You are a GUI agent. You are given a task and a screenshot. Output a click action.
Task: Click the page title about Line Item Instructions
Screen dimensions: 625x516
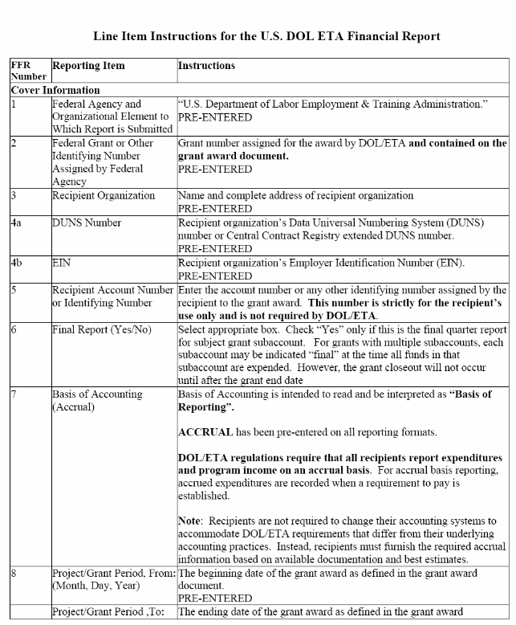point(266,37)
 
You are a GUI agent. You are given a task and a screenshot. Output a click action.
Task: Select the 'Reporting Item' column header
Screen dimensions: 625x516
point(88,65)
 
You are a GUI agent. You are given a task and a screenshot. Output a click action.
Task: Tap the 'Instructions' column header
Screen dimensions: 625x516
point(206,65)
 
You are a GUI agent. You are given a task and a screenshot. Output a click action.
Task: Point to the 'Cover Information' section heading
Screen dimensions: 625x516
point(55,90)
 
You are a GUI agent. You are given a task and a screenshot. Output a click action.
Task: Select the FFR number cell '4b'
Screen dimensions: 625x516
point(17,263)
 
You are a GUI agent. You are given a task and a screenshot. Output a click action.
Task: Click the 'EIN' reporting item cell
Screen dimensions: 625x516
point(61,263)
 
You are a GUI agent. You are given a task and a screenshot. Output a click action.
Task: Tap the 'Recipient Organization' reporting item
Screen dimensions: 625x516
point(104,195)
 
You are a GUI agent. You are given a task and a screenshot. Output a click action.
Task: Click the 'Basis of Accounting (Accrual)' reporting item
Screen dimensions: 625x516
point(97,400)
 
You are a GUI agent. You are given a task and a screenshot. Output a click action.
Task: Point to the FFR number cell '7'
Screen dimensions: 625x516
point(14,394)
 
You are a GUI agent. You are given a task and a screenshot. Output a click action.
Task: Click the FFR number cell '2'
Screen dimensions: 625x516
point(14,143)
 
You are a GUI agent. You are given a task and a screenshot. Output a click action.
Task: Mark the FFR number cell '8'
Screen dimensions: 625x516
point(14,574)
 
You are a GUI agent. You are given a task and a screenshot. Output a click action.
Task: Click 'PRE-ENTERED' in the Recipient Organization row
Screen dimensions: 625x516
point(214,207)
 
